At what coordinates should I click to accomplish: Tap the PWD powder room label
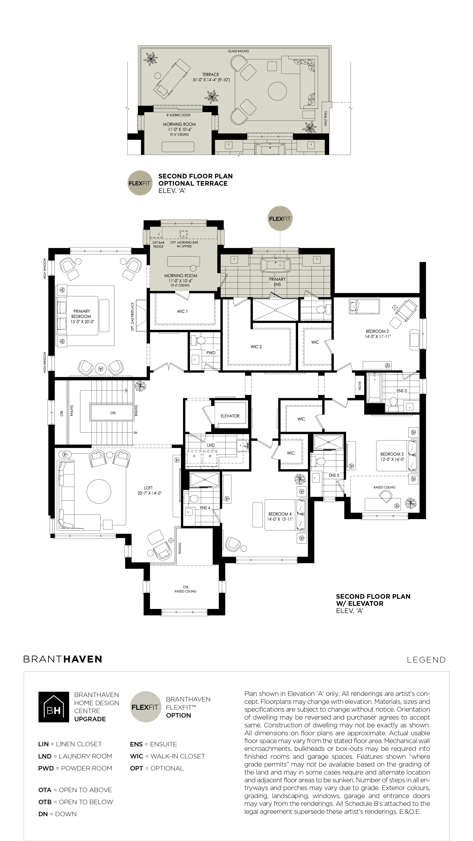click(x=211, y=353)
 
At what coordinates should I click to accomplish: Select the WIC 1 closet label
click(x=182, y=311)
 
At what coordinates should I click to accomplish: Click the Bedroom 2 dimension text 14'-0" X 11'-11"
click(x=378, y=337)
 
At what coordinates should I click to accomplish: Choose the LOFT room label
click(x=148, y=488)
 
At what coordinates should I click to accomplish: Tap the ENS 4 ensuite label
click(x=205, y=508)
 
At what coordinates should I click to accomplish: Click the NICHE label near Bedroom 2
click(x=360, y=386)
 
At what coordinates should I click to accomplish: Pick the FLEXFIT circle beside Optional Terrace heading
click(x=140, y=183)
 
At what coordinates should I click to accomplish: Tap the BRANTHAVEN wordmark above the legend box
click(x=63, y=659)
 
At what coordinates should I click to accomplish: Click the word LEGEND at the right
click(x=426, y=660)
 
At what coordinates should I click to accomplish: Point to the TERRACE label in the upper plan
click(x=211, y=74)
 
